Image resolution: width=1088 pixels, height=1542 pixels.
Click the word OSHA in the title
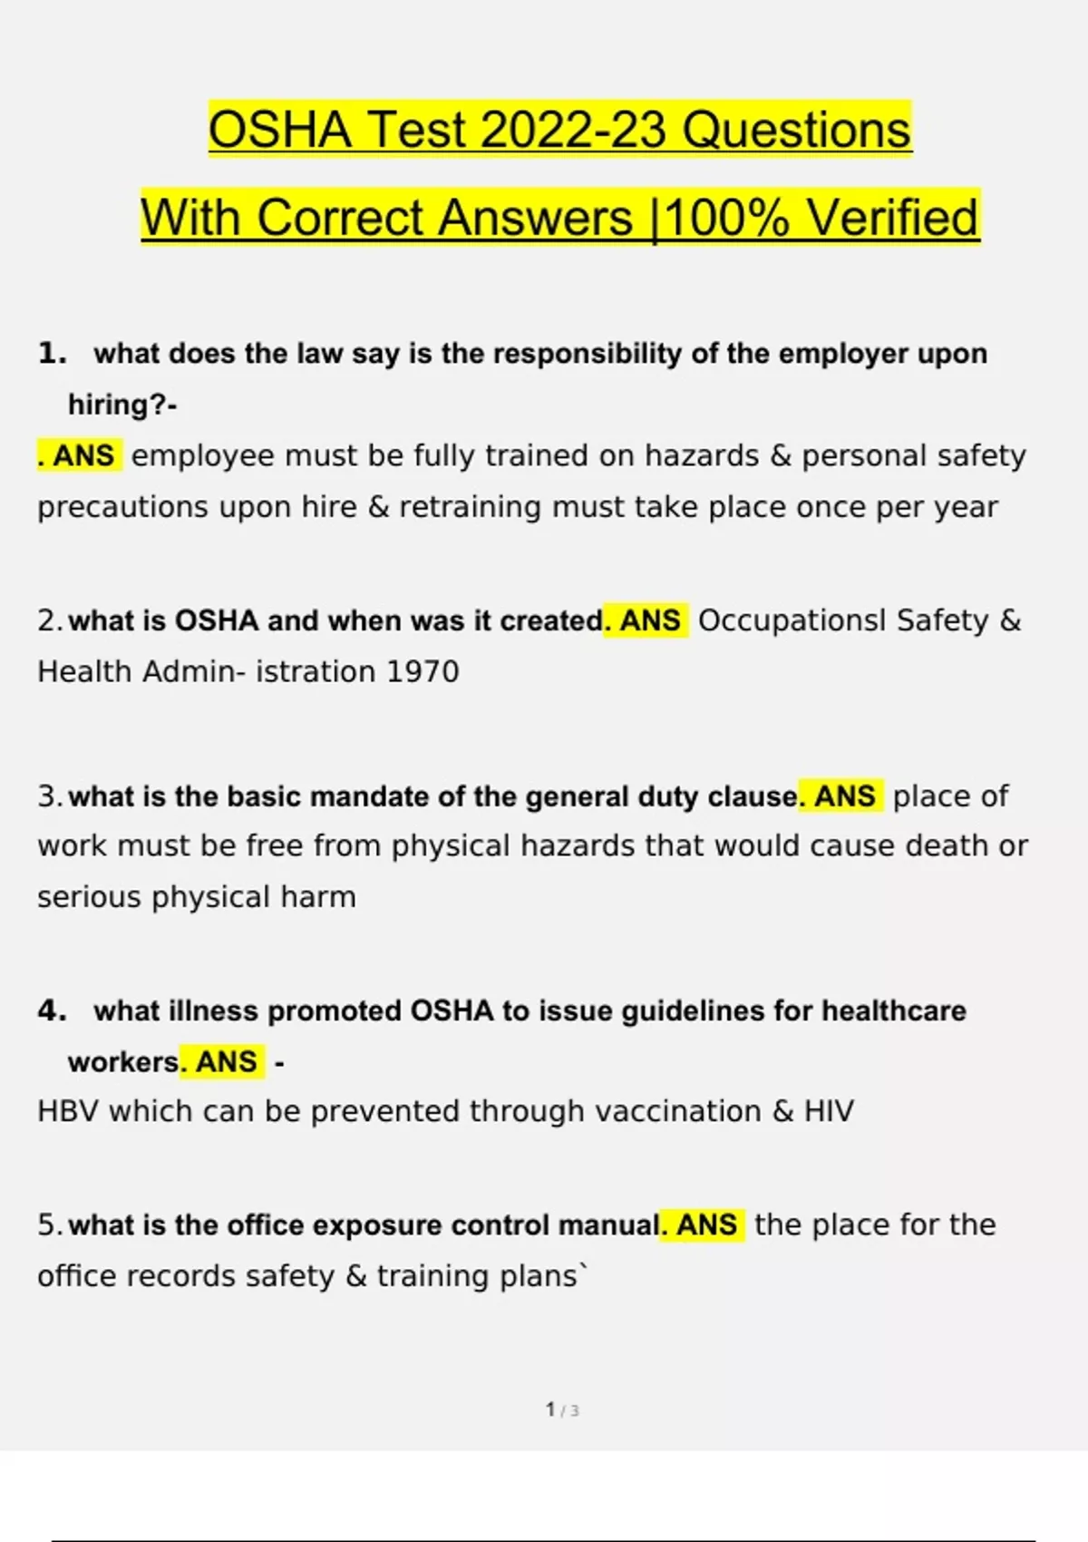tap(280, 130)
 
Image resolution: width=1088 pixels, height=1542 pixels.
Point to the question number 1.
tap(52, 353)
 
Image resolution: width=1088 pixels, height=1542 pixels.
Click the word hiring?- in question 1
tap(122, 405)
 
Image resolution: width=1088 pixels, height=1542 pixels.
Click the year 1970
tap(423, 672)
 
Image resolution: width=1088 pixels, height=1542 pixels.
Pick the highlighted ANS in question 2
tap(650, 620)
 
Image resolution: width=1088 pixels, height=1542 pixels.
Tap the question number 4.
tap(52, 1010)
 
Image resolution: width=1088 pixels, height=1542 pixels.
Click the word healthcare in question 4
tap(893, 1010)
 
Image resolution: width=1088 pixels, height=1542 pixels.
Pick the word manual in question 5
tap(608, 1225)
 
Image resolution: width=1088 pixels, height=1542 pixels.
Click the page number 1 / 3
tap(562, 1410)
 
